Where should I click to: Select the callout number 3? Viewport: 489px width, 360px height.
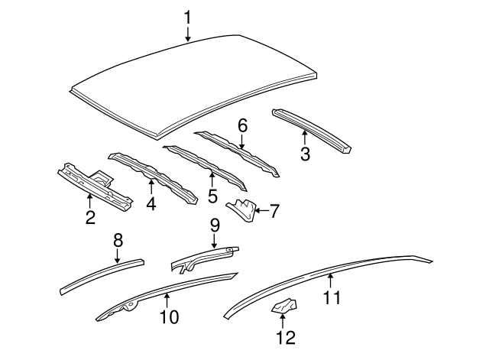coord(304,154)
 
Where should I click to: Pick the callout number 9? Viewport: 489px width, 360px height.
coord(215,225)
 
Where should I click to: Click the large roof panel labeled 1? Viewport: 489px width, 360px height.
coord(191,76)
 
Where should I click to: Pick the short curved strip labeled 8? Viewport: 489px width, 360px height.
coord(99,276)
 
